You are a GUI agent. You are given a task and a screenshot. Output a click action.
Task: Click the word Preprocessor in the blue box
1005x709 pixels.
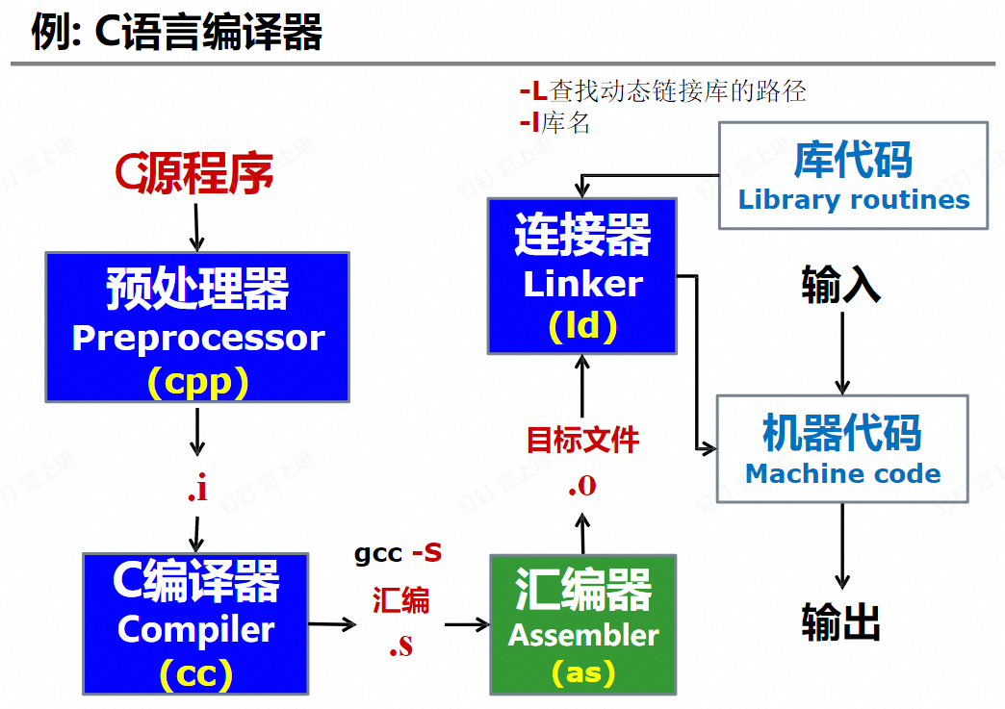[x=198, y=338]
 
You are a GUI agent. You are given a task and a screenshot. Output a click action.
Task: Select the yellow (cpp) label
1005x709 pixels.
[x=198, y=382]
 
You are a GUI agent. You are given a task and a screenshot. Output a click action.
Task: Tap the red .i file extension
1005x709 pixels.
[x=197, y=490]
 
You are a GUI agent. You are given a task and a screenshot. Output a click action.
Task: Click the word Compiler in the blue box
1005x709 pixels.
[x=196, y=629]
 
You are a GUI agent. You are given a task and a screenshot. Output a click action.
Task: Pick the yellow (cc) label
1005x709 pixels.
[x=196, y=673]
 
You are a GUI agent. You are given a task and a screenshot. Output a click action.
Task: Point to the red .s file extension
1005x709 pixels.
[x=401, y=645]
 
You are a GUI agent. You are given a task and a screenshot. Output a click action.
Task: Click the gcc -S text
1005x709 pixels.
[x=399, y=553]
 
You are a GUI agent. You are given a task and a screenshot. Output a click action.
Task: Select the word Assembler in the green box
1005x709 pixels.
[x=583, y=635]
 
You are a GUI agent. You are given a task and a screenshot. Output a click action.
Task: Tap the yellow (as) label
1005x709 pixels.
[x=583, y=671]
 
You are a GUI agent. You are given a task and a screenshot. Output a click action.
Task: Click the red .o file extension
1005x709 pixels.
[x=581, y=485]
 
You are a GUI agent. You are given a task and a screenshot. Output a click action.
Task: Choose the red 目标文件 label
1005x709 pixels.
[x=582, y=440]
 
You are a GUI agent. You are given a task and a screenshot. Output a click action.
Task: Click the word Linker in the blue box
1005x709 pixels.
[x=582, y=284]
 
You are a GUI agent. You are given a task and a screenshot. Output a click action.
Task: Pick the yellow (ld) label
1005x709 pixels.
[x=582, y=327]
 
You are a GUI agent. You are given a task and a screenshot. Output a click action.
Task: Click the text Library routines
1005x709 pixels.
[x=854, y=200]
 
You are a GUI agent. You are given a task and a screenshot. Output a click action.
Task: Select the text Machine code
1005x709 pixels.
[x=843, y=473]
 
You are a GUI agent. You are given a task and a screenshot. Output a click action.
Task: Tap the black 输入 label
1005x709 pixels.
[x=841, y=285]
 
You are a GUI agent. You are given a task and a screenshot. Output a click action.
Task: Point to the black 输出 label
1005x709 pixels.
[x=841, y=621]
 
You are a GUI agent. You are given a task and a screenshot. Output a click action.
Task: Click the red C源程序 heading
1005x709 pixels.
[x=194, y=173]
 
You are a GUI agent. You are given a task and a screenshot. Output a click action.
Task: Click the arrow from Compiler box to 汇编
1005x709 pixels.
[x=332, y=624]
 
